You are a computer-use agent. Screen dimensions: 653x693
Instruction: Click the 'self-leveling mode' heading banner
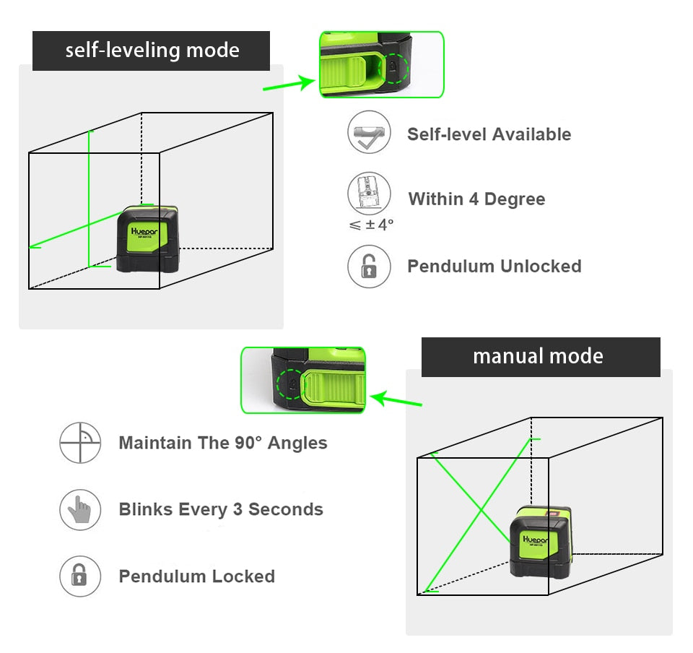(152, 51)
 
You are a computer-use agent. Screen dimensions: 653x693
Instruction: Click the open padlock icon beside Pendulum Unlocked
(369, 267)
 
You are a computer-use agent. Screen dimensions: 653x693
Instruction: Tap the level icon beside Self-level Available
(369, 132)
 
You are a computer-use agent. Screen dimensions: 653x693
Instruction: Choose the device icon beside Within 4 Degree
(369, 194)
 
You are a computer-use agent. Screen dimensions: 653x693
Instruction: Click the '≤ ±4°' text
(371, 225)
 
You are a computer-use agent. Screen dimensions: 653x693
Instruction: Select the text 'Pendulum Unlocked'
(494, 267)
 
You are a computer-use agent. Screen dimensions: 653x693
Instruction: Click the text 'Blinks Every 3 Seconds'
(221, 509)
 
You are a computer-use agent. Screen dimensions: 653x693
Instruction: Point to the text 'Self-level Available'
(489, 134)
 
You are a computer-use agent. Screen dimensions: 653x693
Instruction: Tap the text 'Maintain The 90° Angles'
(223, 443)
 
